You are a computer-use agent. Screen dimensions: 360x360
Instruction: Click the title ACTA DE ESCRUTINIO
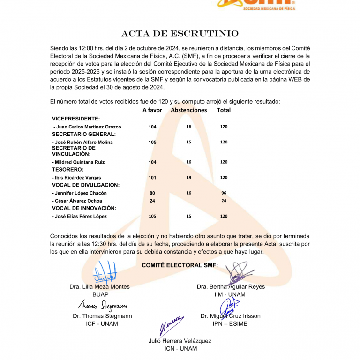tap(180, 34)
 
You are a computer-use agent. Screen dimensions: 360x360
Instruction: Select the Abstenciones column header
tap(188, 110)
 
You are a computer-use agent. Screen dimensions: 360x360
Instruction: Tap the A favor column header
tap(152, 110)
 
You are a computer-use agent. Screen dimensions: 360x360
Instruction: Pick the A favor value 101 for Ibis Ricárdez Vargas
tap(152, 178)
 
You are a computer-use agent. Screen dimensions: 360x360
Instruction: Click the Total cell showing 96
tap(224, 193)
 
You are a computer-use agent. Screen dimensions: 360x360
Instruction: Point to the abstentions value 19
tap(188, 178)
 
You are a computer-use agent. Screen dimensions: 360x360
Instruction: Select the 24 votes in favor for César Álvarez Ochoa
tap(152, 201)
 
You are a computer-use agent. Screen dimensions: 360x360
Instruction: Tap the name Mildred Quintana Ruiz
tap(78, 162)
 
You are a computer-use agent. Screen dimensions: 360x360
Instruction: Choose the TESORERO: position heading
tap(67, 169)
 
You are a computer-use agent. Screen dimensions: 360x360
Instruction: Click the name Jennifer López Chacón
tap(79, 193)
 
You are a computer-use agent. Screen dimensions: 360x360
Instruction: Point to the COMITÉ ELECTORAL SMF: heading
tap(180, 266)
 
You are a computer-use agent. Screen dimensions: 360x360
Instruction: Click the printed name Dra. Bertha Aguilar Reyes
tap(231, 286)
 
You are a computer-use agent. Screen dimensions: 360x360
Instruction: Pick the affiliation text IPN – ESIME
tap(230, 323)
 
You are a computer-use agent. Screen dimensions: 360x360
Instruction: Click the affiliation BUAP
tap(100, 294)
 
